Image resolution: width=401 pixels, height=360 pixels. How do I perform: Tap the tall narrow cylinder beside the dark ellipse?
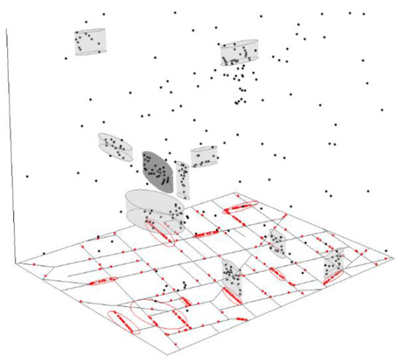click(182, 179)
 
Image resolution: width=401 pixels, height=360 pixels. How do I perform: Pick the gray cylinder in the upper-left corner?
click(91, 42)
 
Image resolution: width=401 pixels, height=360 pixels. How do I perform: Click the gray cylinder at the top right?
click(239, 52)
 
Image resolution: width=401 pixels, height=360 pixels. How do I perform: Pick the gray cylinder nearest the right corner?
click(335, 266)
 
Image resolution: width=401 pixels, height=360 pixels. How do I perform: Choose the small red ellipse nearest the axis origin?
click(102, 280)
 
